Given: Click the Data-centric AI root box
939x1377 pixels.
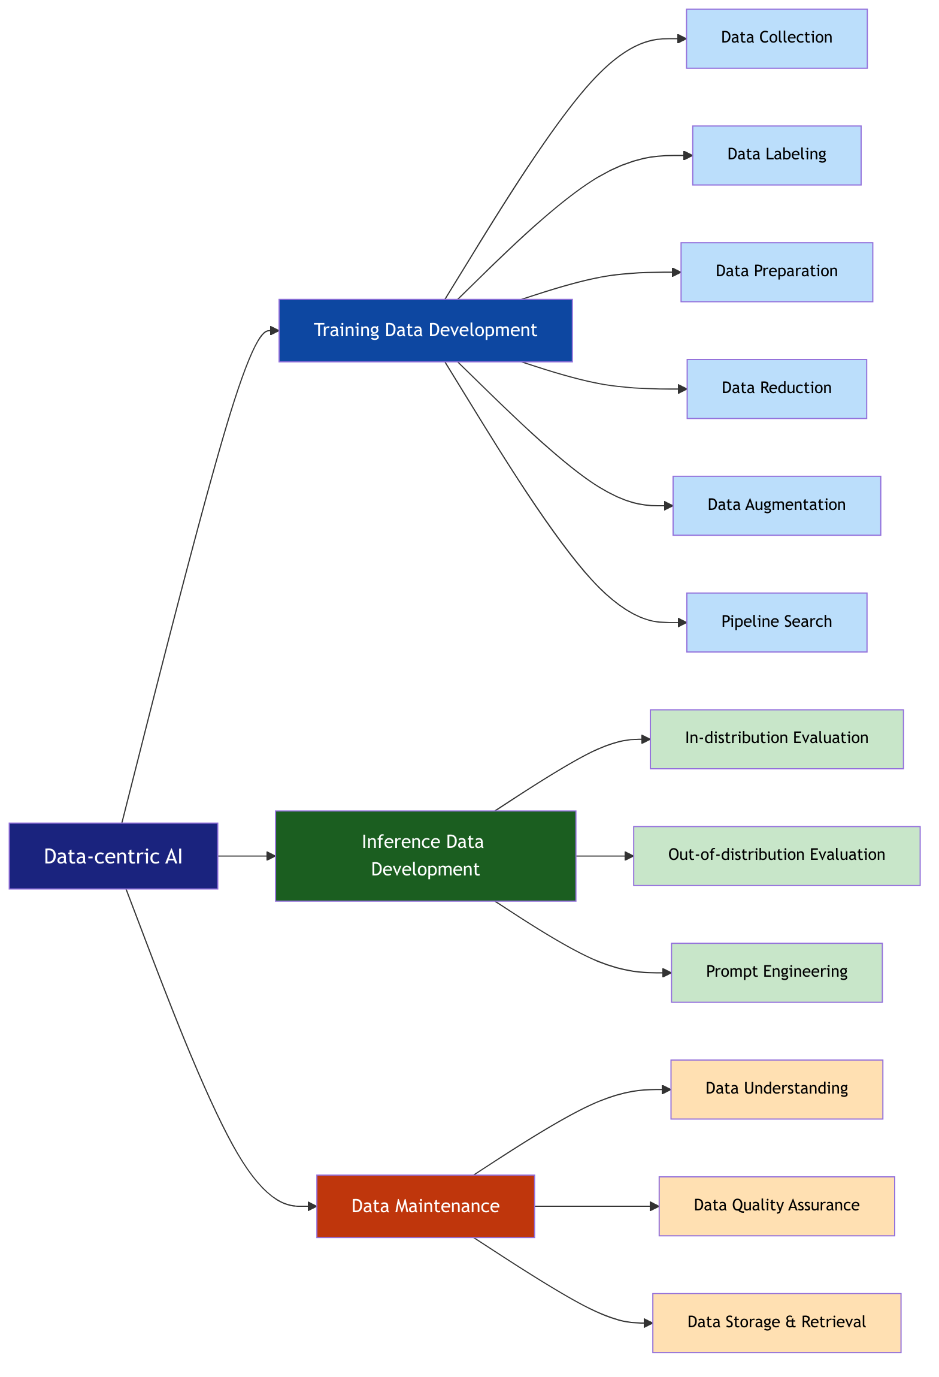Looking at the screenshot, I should click(113, 856).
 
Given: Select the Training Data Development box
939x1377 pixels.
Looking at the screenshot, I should click(425, 330).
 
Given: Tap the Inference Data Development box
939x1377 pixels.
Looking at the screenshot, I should click(425, 856).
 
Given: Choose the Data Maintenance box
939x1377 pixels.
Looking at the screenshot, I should click(425, 1206).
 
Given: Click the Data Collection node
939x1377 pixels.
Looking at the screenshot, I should click(776, 38).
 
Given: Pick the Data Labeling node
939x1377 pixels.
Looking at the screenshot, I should click(776, 155).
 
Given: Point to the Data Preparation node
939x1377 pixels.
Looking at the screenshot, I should click(776, 272).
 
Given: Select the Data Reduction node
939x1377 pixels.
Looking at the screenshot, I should click(776, 388).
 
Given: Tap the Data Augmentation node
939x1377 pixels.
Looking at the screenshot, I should click(776, 505).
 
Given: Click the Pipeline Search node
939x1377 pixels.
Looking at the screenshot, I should click(776, 622).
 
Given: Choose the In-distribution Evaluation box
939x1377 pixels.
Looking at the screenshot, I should click(776, 739).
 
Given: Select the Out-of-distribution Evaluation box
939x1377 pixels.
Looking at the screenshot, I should click(776, 856).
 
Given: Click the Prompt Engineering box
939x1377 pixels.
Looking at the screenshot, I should click(776, 972).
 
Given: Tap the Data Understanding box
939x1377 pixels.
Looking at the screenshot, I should click(776, 1089).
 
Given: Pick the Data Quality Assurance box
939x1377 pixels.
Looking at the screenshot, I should click(776, 1206).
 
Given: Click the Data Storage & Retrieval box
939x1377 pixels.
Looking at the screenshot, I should click(776, 1322).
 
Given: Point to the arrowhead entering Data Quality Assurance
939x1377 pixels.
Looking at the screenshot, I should click(655, 1206).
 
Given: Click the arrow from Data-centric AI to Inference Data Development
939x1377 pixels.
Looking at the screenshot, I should click(246, 856).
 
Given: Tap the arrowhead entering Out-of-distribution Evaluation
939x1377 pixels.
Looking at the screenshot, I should click(629, 856).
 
